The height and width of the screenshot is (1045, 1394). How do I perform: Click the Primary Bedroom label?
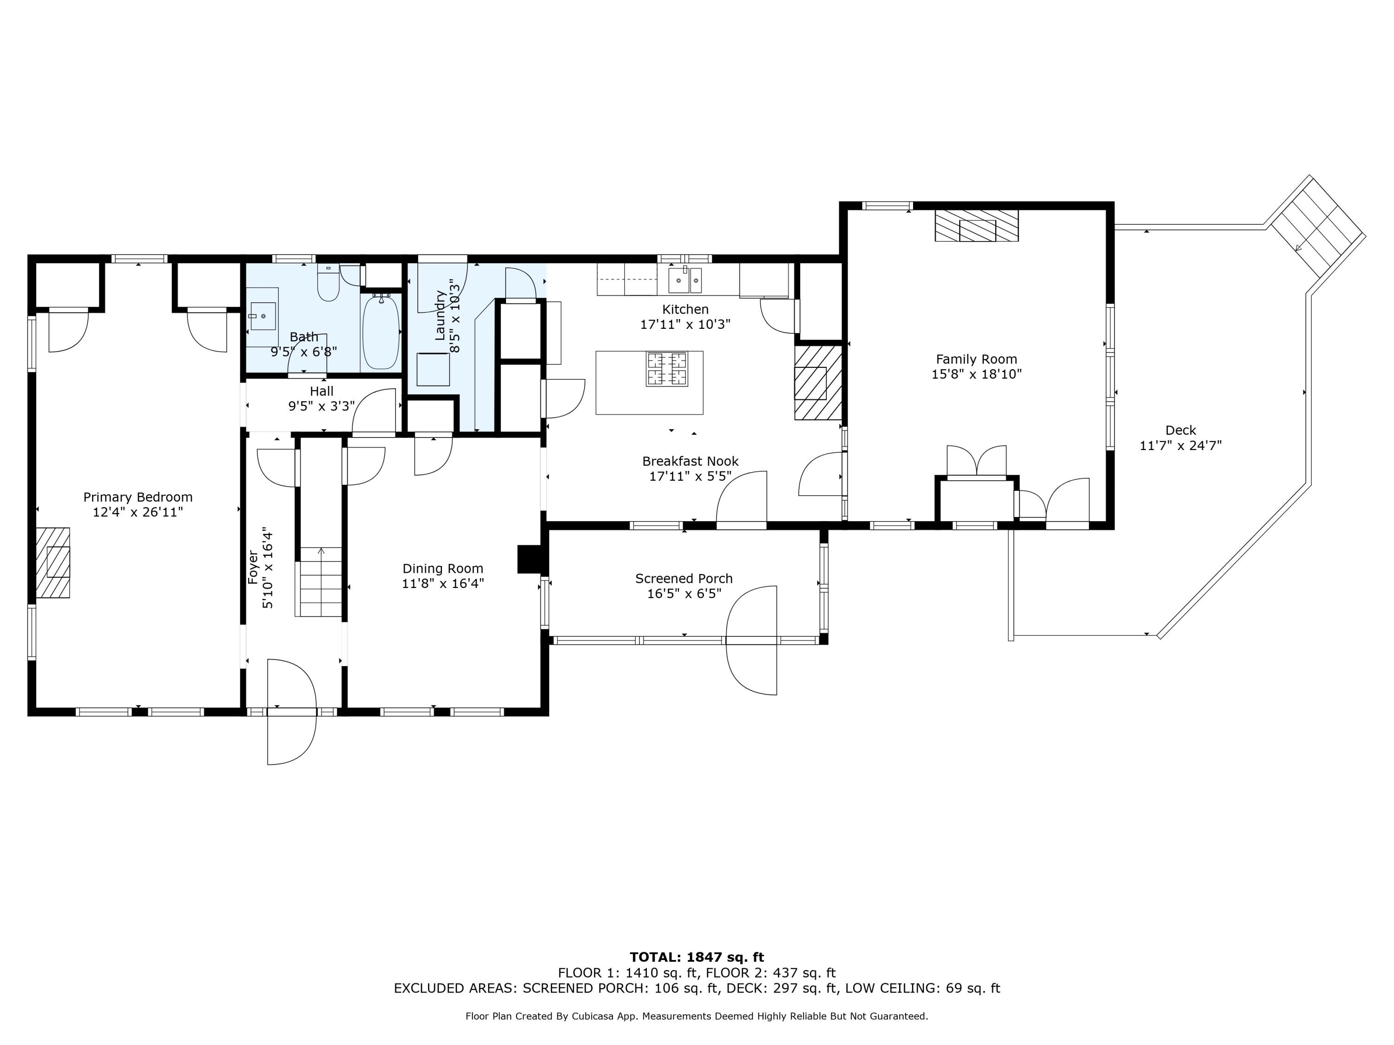[138, 497]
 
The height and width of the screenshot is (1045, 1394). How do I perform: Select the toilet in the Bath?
[329, 282]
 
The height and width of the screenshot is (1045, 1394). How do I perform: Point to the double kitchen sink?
[685, 281]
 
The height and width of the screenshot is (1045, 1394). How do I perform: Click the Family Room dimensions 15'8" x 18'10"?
[976, 374]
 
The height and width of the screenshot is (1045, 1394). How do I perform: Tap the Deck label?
[1180, 430]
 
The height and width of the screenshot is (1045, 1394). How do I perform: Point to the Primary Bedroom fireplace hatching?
[53, 562]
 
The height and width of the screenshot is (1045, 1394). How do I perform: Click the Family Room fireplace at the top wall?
[976, 226]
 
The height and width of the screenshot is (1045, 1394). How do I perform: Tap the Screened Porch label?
[684, 578]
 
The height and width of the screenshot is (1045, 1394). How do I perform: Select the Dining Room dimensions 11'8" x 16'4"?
[443, 584]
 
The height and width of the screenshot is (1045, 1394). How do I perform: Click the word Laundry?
[440, 315]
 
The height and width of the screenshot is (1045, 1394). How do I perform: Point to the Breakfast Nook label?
[690, 461]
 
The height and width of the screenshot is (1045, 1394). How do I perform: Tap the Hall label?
[322, 391]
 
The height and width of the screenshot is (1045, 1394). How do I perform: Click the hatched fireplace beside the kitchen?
[818, 382]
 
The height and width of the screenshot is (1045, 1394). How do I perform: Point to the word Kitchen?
[685, 309]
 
